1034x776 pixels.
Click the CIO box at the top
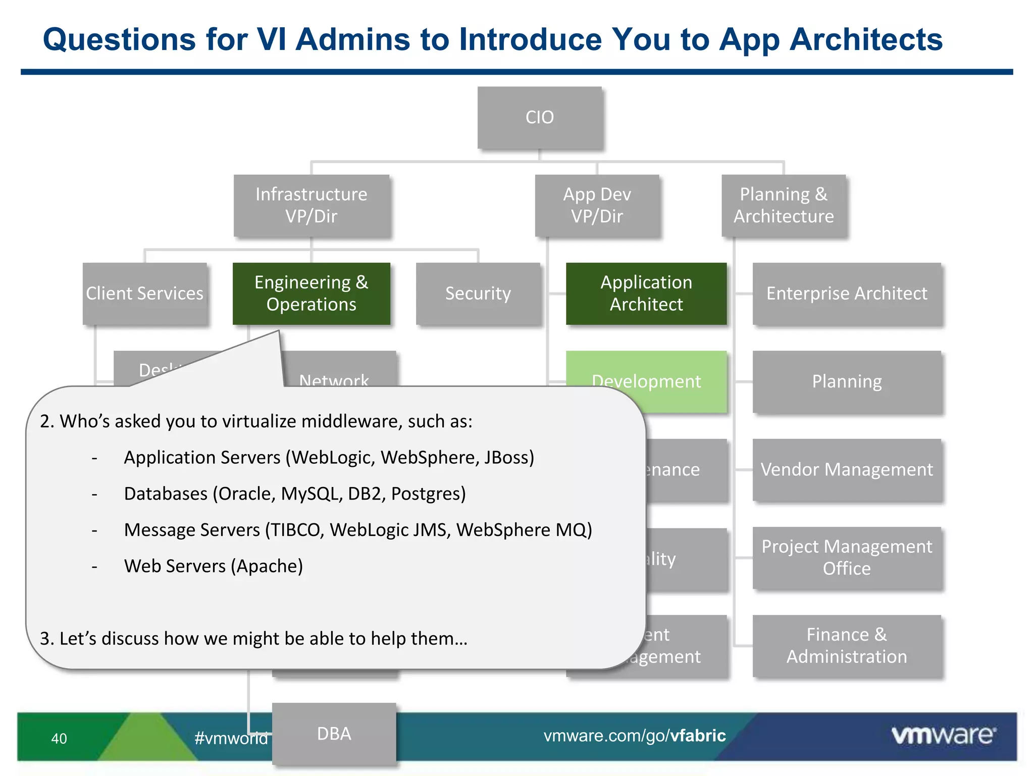click(540, 117)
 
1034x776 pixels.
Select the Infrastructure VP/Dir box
click(312, 205)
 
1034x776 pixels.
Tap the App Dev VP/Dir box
click(597, 205)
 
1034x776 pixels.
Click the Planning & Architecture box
click(784, 205)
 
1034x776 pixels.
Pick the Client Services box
click(145, 293)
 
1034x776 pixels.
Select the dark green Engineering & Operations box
click(312, 293)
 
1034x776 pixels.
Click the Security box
click(478, 293)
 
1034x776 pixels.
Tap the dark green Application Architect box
click(646, 293)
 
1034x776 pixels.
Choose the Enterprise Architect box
click(847, 293)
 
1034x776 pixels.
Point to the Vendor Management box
click(847, 469)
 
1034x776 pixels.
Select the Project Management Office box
click(847, 557)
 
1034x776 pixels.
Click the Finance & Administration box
click(847, 645)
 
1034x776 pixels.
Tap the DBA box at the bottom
click(334, 734)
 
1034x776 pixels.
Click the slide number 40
click(59, 739)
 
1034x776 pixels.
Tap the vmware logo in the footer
click(944, 735)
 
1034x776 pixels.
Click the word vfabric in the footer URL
click(698, 736)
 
